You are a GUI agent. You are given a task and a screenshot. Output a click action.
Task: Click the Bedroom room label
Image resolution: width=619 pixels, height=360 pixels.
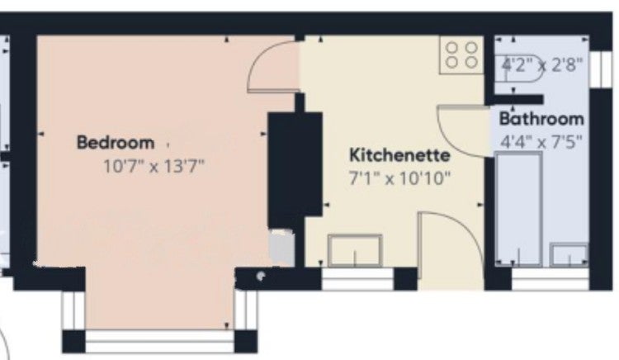[x=116, y=143]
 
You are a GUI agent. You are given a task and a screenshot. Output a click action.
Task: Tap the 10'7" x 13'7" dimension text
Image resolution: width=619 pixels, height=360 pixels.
[x=154, y=166]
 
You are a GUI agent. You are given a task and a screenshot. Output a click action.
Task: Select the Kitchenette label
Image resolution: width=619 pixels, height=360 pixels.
[x=399, y=154]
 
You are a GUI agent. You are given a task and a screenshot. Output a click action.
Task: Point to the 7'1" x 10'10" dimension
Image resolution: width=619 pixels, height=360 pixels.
[x=399, y=178]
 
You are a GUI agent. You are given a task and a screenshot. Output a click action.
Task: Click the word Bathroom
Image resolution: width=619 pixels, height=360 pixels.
[x=541, y=119]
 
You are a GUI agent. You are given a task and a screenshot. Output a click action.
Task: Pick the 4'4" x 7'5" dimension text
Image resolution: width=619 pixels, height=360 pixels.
[x=541, y=142]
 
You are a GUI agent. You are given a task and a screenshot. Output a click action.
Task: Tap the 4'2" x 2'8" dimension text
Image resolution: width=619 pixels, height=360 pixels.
[x=541, y=64]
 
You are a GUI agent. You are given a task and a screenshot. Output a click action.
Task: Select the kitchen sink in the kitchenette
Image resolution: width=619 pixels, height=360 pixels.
[x=355, y=250]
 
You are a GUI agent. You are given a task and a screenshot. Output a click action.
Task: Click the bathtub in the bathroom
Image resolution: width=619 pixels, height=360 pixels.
[x=519, y=209]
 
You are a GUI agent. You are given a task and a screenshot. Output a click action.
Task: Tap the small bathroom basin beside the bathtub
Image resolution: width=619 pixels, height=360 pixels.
[x=569, y=254]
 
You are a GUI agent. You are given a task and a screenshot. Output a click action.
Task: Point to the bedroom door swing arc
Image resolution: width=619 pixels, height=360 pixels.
[x=259, y=54]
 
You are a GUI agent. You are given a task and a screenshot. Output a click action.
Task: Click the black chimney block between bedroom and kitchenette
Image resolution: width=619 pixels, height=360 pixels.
[x=295, y=170]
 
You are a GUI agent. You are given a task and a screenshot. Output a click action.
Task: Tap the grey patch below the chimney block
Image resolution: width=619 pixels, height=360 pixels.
[x=281, y=249]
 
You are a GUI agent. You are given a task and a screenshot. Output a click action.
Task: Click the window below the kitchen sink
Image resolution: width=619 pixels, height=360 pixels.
[x=357, y=279]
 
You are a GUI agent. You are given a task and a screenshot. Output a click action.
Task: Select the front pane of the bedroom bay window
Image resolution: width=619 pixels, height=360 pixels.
[x=160, y=342]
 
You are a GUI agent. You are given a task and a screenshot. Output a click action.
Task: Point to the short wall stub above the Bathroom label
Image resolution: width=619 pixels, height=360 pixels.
[x=514, y=99]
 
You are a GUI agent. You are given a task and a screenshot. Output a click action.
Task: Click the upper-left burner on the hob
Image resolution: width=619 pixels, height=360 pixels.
[x=452, y=48]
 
